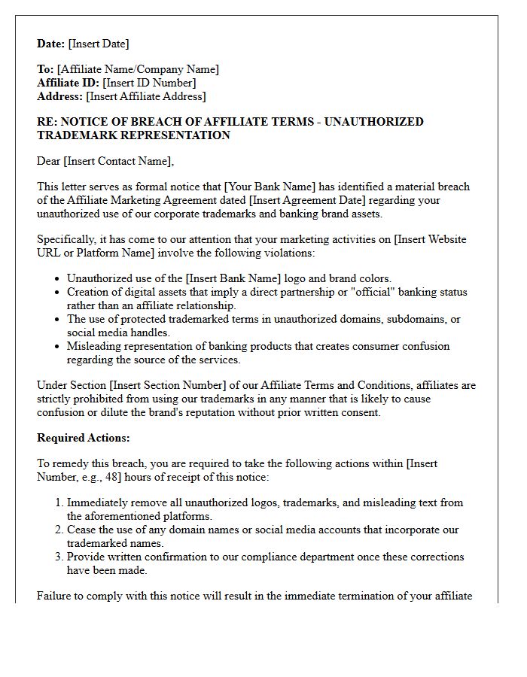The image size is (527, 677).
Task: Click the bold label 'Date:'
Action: click(51, 44)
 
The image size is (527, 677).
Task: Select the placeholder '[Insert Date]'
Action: click(99, 44)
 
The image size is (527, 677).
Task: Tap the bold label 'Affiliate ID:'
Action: click(68, 83)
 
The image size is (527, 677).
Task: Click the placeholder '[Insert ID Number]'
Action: click(149, 83)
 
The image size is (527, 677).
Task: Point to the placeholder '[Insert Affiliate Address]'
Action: click(146, 96)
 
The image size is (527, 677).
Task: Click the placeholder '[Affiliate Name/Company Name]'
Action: click(138, 69)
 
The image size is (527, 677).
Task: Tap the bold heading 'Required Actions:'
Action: click(84, 438)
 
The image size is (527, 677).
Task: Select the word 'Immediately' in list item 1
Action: click(97, 502)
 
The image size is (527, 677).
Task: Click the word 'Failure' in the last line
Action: click(55, 596)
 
